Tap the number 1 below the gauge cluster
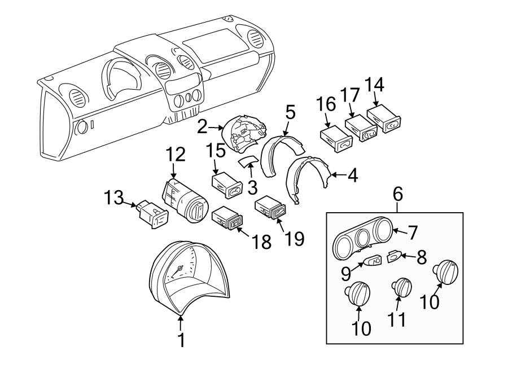181,340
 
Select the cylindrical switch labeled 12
186,201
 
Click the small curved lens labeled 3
247,163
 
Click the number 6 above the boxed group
398,195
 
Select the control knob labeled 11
402,287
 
